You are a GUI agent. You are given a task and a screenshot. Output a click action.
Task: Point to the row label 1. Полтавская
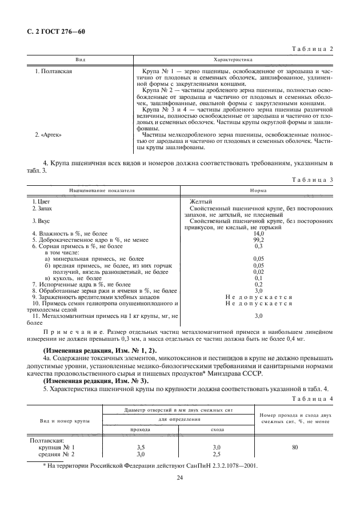click(53, 71)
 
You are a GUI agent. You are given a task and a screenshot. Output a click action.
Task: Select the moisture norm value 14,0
click(258, 234)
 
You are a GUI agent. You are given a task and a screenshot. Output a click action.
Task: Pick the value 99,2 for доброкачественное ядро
click(258, 240)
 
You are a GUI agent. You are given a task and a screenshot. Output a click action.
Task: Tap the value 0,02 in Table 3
click(258, 272)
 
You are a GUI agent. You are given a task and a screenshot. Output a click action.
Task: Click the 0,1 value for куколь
click(258, 278)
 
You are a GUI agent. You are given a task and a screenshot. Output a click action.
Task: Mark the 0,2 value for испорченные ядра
click(258, 284)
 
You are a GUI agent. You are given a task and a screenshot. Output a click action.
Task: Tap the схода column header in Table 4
click(217, 429)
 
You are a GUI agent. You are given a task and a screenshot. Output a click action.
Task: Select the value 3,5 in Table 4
click(140, 447)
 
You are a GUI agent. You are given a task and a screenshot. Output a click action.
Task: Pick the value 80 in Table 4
click(294, 447)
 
